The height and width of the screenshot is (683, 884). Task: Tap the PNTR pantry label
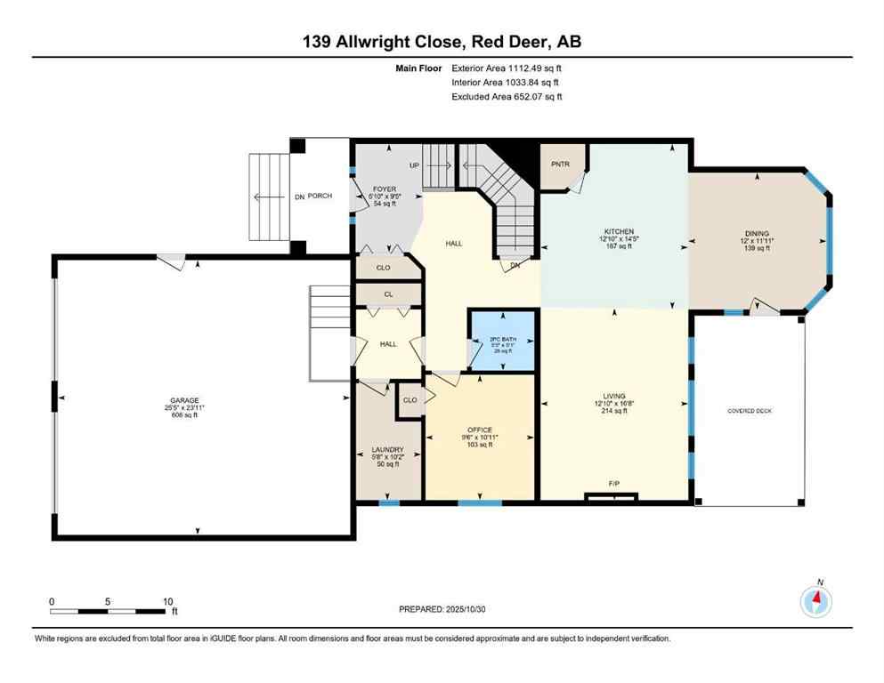[559, 164]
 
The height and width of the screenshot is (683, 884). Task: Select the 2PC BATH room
[503, 340]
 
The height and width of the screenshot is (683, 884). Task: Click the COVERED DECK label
[750, 410]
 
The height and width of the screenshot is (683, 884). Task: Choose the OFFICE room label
[480, 430]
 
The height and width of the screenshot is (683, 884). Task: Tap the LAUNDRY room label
[388, 449]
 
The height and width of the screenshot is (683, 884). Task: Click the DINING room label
[757, 234]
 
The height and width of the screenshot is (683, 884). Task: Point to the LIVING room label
[614, 396]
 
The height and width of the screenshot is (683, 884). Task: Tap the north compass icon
[816, 601]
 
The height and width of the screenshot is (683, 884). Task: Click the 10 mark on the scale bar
[167, 601]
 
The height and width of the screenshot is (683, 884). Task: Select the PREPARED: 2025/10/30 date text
[442, 609]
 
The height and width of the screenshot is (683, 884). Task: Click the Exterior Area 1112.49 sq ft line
[507, 68]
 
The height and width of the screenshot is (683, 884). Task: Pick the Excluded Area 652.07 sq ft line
[507, 96]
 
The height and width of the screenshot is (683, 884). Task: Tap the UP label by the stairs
[413, 165]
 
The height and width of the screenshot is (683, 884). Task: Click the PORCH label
[320, 196]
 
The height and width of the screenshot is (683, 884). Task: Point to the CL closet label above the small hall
[389, 294]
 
